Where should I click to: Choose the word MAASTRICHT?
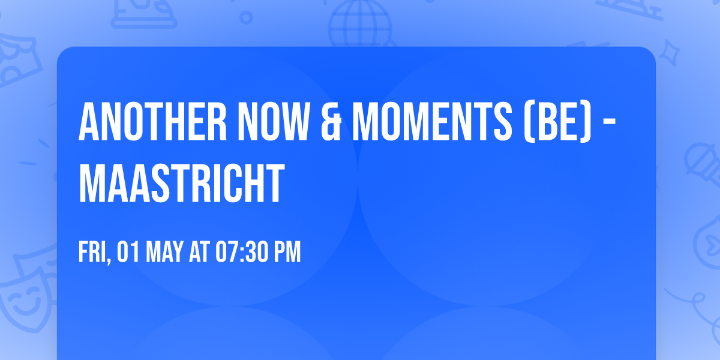point(181,185)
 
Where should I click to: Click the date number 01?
point(129,253)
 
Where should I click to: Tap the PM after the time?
point(287,253)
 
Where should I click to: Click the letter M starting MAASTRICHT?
point(92,185)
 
